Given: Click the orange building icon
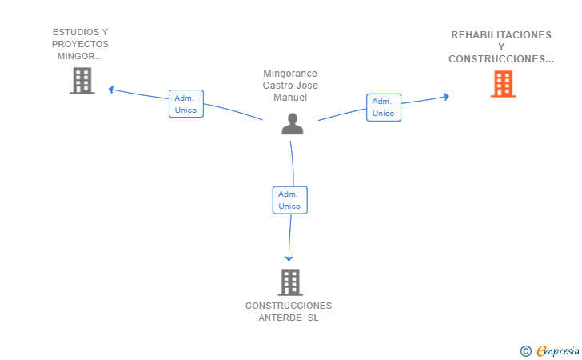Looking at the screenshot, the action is [503, 84].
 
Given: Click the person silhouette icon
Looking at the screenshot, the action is [293, 123].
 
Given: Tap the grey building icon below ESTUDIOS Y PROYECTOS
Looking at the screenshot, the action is [82, 81].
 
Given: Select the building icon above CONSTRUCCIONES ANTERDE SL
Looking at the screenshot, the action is [290, 282].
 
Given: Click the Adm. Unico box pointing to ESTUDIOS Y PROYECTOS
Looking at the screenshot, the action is [186, 104].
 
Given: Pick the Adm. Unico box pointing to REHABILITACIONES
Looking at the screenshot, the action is [384, 107].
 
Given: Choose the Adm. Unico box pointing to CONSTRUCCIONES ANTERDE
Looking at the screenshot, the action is [290, 200].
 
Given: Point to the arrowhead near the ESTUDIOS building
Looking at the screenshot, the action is [111, 90].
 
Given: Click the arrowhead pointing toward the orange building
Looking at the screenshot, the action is [447, 97].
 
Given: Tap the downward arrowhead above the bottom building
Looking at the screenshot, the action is [289, 258].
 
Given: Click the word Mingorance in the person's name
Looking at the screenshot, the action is [290, 74].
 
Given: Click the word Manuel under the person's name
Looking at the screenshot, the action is [290, 98].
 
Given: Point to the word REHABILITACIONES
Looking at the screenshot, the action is [501, 35].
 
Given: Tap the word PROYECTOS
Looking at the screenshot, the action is [80, 44].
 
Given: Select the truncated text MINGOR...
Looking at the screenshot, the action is [80, 57].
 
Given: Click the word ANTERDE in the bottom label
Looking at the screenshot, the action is [281, 318].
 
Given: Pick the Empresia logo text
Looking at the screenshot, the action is [558, 350].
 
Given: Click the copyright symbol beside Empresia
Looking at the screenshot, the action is [525, 351].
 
